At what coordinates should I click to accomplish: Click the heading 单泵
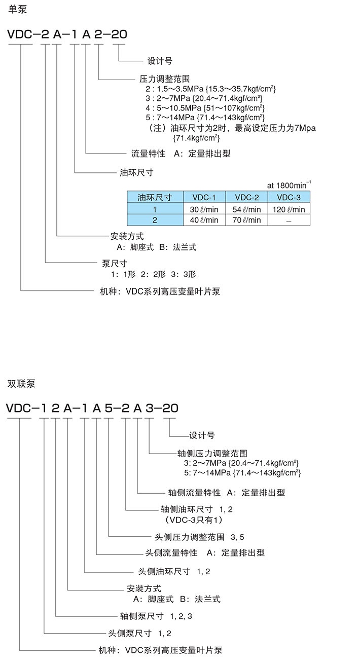pos(17,10)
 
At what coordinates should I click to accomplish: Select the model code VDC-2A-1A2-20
pos(66,34)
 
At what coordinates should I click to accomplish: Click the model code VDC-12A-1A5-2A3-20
pos(92,408)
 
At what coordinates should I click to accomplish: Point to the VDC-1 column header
pos(204,197)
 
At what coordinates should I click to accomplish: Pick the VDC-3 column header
pos(289,197)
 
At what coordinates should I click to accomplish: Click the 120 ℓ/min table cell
pos(289,209)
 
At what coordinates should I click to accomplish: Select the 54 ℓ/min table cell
pos(246,209)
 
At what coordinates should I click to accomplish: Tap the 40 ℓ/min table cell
pos(204,220)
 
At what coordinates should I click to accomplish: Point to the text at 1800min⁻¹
pos(289,185)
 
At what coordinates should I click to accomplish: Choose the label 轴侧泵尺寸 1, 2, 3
pos(156,616)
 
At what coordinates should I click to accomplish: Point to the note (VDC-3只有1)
pos(194,520)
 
